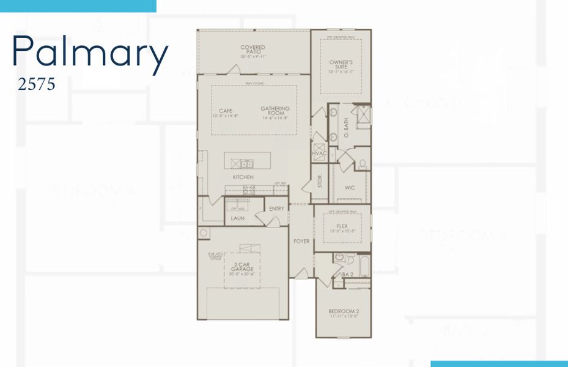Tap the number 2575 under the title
click(x=37, y=84)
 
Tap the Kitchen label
click(x=243, y=177)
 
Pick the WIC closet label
click(x=350, y=187)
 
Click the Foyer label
click(x=301, y=241)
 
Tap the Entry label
click(x=276, y=209)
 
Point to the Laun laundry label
click(x=237, y=218)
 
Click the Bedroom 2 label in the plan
click(x=344, y=313)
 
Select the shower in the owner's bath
click(x=363, y=116)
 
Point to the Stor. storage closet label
click(x=319, y=182)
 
